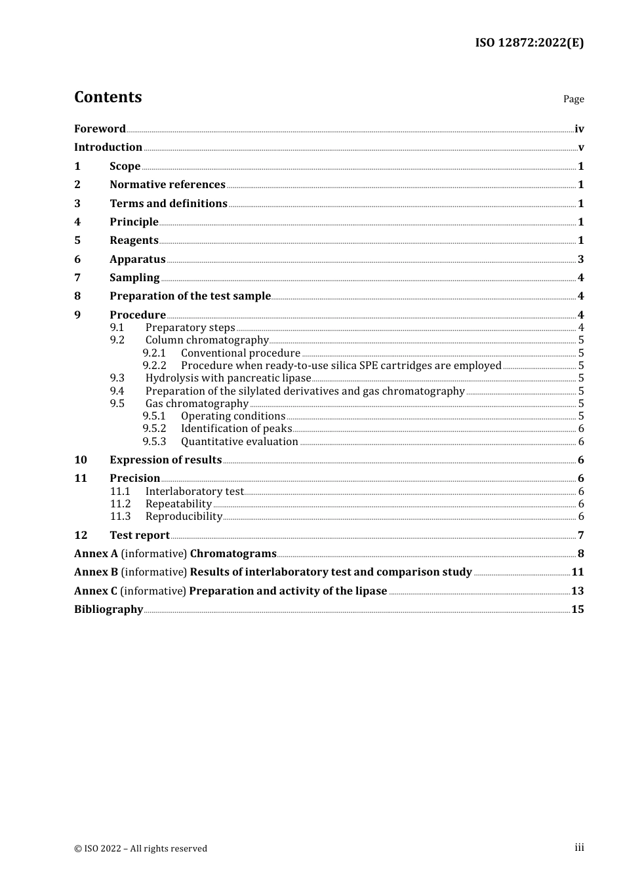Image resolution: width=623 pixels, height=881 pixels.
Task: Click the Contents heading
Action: (108, 97)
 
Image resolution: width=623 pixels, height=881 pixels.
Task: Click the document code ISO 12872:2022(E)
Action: (529, 43)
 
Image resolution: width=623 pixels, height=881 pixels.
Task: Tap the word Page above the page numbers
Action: (573, 99)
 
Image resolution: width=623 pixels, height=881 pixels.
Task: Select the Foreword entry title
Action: (100, 129)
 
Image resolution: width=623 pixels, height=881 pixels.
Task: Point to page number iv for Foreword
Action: (579, 129)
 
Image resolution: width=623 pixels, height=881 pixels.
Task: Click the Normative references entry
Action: (167, 185)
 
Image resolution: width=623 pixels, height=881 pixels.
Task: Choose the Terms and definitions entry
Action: (168, 204)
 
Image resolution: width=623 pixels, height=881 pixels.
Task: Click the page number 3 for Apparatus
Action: (580, 260)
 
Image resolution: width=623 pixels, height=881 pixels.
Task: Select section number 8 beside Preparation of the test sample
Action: (77, 296)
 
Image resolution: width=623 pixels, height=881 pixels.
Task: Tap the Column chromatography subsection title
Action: (207, 340)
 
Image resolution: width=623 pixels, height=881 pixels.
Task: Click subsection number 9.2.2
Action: (155, 366)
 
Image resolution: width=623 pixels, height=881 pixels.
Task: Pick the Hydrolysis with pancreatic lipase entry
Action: (228, 378)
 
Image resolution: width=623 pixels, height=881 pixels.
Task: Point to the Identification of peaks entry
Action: (236, 429)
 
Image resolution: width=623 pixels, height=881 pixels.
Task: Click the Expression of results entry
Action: (165, 460)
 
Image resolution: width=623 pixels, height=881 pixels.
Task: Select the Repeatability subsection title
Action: (178, 504)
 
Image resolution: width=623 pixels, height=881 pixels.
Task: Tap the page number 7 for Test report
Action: (580, 536)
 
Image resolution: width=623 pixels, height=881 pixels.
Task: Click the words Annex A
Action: (96, 554)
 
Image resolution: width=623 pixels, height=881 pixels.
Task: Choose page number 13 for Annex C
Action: (577, 591)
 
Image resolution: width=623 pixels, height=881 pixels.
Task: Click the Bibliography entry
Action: (108, 610)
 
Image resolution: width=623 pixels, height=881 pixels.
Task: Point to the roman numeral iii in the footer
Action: (579, 848)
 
